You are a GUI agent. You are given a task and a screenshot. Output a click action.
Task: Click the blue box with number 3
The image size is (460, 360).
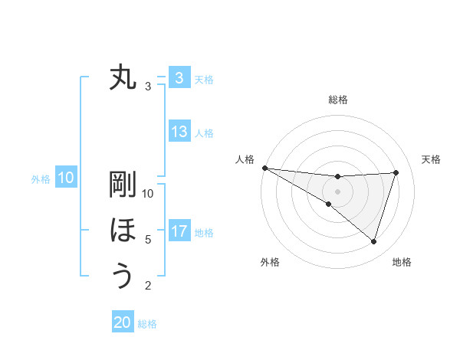[179, 77]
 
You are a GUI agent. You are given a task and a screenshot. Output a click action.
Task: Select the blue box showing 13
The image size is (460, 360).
[179, 132]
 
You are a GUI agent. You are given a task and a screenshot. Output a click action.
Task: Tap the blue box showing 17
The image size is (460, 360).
[179, 231]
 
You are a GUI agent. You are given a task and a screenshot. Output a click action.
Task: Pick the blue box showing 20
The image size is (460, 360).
[123, 322]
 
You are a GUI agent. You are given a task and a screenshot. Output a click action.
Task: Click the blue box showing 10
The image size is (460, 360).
[66, 178]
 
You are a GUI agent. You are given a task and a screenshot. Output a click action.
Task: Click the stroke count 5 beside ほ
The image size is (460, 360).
[148, 240]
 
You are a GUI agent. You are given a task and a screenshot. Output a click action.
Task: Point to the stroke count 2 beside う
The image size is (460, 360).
[148, 286]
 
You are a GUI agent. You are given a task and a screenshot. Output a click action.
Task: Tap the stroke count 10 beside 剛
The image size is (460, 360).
[148, 194]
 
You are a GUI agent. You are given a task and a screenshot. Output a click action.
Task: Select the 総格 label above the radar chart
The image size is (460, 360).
[337, 100]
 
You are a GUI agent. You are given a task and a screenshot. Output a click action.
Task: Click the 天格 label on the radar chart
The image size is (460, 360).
[432, 159]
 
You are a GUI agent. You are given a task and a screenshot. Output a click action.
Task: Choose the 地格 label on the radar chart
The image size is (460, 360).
[402, 263]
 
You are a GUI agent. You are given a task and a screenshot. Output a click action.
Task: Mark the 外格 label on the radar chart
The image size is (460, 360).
[270, 263]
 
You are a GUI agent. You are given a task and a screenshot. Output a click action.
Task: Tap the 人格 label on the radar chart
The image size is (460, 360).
[245, 159]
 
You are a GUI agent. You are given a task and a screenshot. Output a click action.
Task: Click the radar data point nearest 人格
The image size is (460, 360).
[264, 167]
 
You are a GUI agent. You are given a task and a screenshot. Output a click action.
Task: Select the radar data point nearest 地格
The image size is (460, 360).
[374, 241]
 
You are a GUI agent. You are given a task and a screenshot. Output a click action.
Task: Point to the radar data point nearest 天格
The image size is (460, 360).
[396, 172]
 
